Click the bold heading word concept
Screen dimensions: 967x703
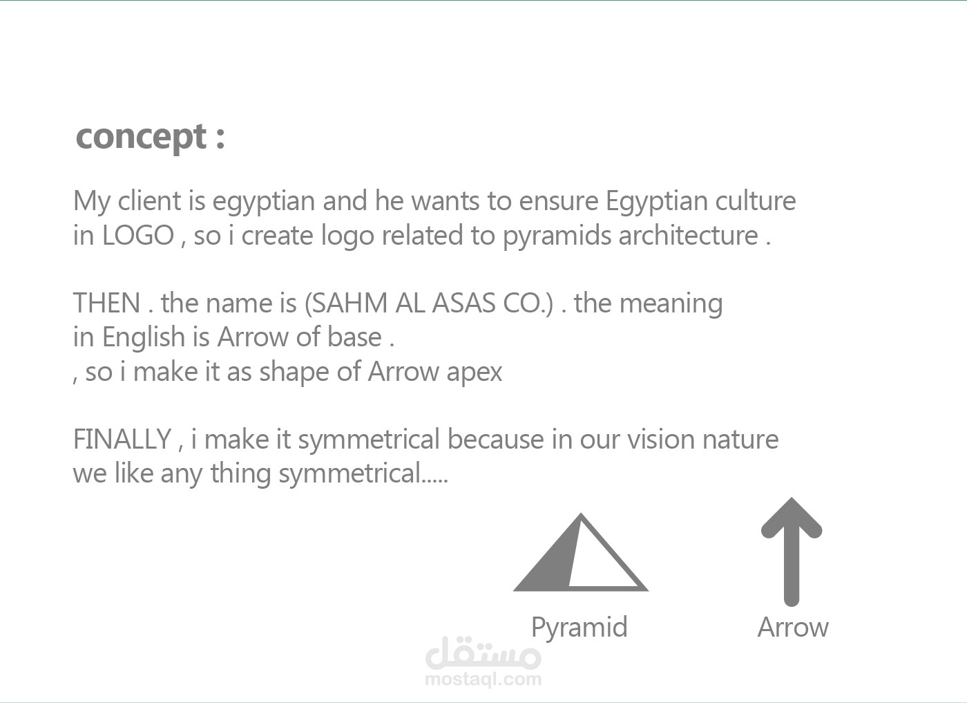141,138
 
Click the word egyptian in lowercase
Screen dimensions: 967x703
263,203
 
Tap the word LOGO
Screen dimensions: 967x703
137,236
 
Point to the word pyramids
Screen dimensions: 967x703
557,238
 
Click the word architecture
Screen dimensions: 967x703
689,236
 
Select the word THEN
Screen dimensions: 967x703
106,303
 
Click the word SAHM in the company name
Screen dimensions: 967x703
350,303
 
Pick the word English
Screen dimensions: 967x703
144,339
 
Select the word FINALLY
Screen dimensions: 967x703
122,440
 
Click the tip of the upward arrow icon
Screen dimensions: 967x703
792,498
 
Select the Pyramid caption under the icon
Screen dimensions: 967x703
579,628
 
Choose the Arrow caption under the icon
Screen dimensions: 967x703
793,627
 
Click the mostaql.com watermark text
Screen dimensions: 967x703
483,679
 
